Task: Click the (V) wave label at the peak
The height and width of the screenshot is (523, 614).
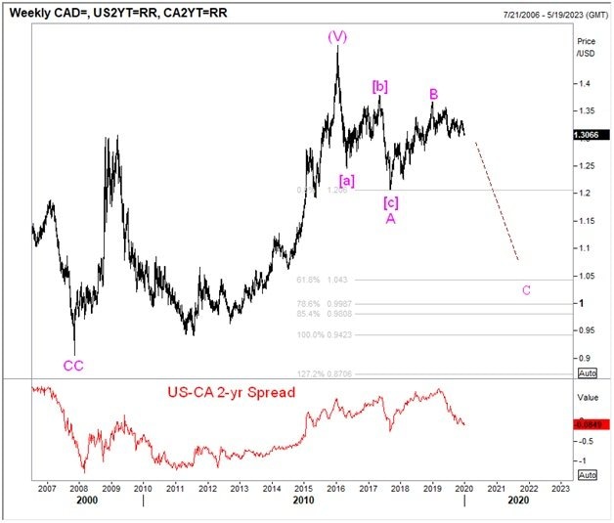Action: (x=337, y=37)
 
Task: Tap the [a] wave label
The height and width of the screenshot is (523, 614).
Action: (x=347, y=180)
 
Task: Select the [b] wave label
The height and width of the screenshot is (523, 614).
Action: (x=380, y=87)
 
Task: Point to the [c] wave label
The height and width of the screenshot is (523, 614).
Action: (x=390, y=202)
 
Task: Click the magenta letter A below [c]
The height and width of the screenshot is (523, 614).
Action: (x=390, y=219)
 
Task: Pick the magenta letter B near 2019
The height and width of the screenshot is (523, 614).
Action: (x=433, y=94)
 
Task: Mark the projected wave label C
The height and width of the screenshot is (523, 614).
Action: (x=527, y=289)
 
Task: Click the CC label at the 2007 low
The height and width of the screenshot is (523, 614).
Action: (x=73, y=366)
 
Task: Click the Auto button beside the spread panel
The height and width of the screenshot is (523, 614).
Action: (x=588, y=474)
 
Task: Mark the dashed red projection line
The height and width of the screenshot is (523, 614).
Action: (x=497, y=200)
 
